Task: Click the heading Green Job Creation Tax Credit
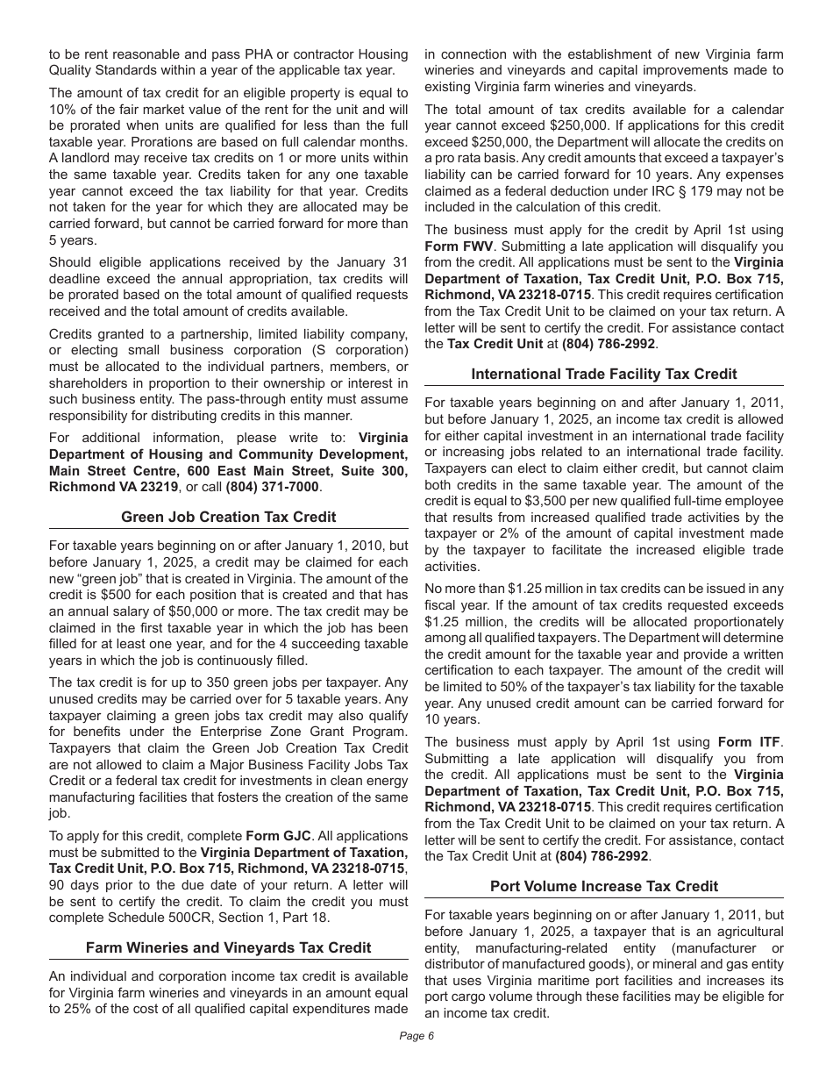[x=228, y=517]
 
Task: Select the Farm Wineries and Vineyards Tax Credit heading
[x=228, y=947]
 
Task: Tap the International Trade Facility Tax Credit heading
[x=604, y=374]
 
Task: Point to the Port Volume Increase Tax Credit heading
[x=604, y=886]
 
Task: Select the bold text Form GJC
[x=278, y=835]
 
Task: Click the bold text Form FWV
[x=459, y=247]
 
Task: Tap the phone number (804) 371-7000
[x=273, y=487]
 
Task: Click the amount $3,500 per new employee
[x=545, y=501]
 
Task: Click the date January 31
[x=374, y=262]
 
